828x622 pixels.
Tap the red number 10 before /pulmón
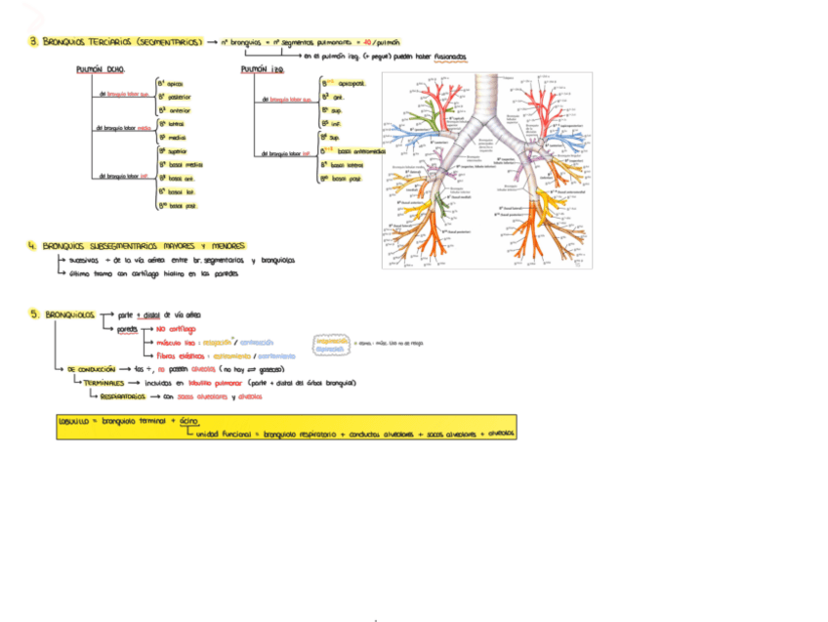click(x=367, y=43)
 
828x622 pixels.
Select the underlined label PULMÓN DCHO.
click(x=100, y=69)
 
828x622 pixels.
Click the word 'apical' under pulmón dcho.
click(x=175, y=84)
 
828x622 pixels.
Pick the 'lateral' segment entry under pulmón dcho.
click(x=176, y=124)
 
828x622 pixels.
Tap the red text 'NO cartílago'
click(x=175, y=329)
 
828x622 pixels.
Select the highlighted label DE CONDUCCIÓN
click(x=91, y=369)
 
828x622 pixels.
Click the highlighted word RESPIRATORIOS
click(x=124, y=397)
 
